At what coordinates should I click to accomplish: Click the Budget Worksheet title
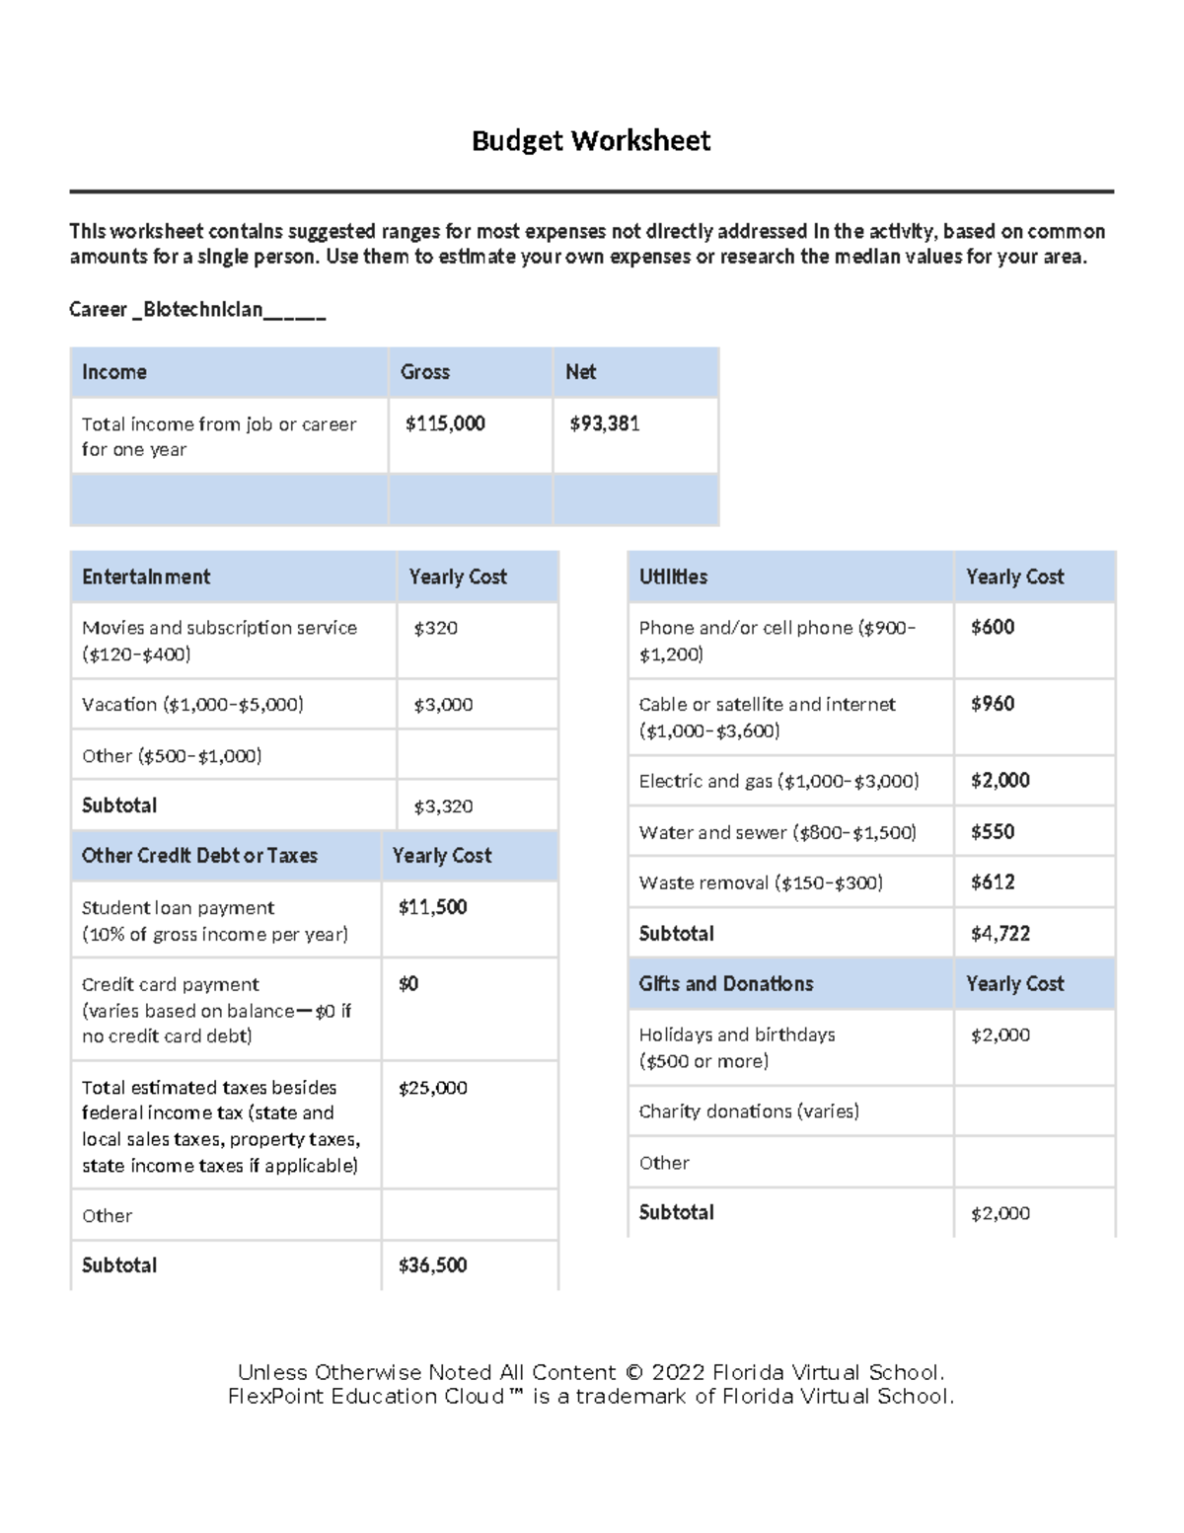coord(590,141)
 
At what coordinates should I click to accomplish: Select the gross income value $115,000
coord(445,423)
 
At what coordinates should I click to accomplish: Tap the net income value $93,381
coord(605,423)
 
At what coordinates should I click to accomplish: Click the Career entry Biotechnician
coord(202,310)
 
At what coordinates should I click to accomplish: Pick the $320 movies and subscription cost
coord(435,628)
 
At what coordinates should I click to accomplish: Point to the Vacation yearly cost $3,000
coord(443,705)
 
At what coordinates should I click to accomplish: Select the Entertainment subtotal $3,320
coord(443,806)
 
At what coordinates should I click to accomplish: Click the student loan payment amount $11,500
coord(432,907)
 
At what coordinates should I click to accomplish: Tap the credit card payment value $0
coord(408,984)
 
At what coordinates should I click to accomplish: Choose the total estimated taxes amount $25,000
coord(432,1088)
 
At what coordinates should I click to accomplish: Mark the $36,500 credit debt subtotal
coord(432,1265)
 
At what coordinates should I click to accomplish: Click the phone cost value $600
coord(993,627)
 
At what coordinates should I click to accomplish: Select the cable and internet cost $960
coord(993,704)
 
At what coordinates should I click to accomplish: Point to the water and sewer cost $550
coord(993,832)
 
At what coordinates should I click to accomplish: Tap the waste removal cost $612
coord(993,882)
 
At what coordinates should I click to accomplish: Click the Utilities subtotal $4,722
coord(1000,934)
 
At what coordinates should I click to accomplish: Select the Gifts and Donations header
coord(726,984)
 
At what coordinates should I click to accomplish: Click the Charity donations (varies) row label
coord(749,1111)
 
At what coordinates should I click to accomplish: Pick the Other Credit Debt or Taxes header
coord(199,856)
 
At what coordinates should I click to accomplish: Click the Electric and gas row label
coord(778,782)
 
